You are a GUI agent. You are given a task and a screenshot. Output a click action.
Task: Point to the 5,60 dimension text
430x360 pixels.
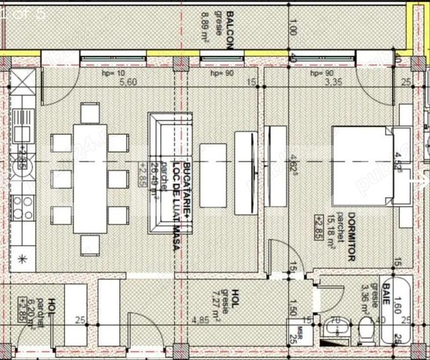click(x=128, y=82)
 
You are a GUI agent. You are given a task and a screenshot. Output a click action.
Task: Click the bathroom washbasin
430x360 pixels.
click(x=335, y=329)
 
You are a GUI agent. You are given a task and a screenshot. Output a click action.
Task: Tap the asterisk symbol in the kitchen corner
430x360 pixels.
click(x=24, y=258)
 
